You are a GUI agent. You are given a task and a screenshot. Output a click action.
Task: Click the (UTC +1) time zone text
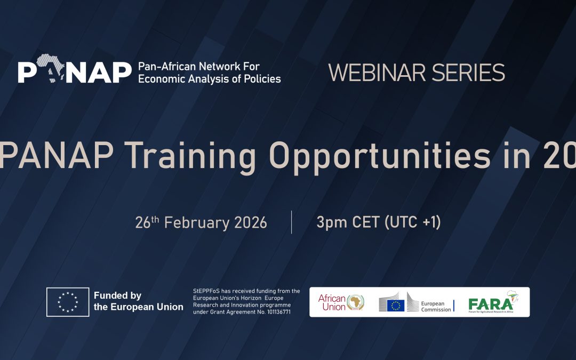coord(413,222)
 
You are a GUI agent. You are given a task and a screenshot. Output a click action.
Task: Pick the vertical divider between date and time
coord(291,222)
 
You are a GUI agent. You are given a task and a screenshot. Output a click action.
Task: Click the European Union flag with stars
coord(68,302)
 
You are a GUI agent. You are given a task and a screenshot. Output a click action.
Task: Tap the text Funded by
coord(117,295)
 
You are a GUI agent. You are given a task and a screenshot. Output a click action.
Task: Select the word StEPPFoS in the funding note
coord(206,291)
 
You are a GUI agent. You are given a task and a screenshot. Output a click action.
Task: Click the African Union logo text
coord(332,302)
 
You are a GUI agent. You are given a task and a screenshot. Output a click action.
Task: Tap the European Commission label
coord(436,306)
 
